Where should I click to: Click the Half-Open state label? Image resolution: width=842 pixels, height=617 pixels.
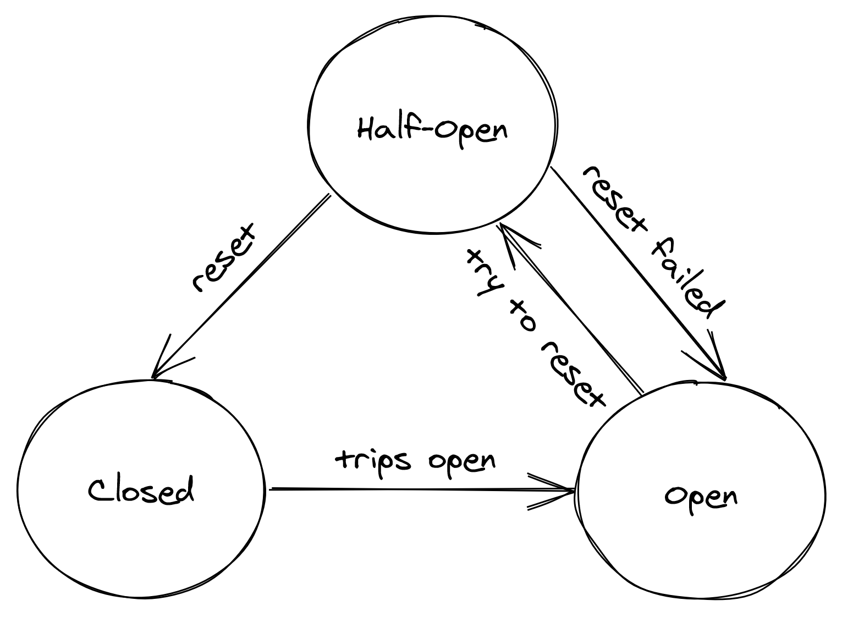(x=432, y=130)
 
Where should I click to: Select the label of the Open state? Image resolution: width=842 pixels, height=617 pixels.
(x=701, y=497)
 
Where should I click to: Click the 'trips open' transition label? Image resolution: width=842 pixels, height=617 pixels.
(x=415, y=461)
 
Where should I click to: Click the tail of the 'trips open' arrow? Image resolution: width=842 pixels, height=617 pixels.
(x=272, y=488)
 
